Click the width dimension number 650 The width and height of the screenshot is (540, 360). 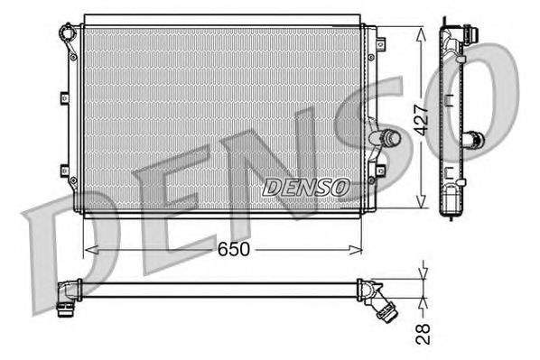232,249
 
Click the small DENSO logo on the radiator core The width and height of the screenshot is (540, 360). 305,188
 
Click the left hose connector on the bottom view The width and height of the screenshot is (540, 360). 65,297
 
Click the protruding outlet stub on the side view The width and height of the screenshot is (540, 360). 473,140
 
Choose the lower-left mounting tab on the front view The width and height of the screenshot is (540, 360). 63,170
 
